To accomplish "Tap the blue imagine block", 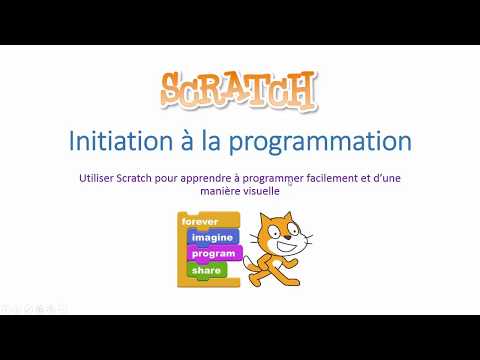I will click(212, 237).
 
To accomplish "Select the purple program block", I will click(213, 253).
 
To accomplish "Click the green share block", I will click(207, 270).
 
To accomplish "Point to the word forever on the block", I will click(200, 222).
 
